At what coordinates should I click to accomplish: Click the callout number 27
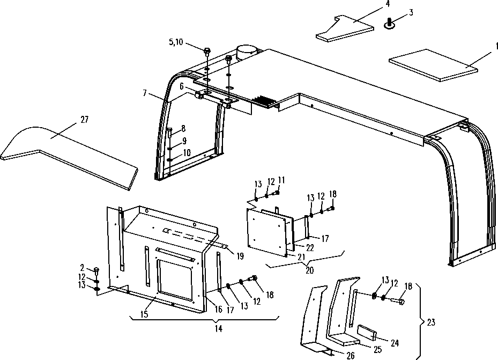(x=85, y=120)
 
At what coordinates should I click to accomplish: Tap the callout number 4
(x=388, y=4)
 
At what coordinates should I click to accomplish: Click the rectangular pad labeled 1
(x=434, y=65)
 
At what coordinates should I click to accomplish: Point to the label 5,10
(x=176, y=42)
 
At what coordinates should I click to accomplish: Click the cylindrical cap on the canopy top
(x=248, y=52)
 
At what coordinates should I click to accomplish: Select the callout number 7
(x=145, y=93)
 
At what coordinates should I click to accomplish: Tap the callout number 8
(x=183, y=129)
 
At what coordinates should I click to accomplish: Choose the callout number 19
(x=241, y=256)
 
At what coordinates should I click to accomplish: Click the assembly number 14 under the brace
(x=219, y=329)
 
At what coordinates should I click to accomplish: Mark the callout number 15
(x=144, y=314)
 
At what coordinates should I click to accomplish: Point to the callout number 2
(x=82, y=268)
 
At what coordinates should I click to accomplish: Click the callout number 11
(x=281, y=180)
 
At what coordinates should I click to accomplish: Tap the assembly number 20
(x=309, y=270)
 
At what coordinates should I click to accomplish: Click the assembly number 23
(x=431, y=322)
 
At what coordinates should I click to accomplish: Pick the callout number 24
(x=395, y=343)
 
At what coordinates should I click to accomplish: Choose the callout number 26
(x=350, y=356)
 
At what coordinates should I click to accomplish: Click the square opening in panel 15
(x=175, y=280)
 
